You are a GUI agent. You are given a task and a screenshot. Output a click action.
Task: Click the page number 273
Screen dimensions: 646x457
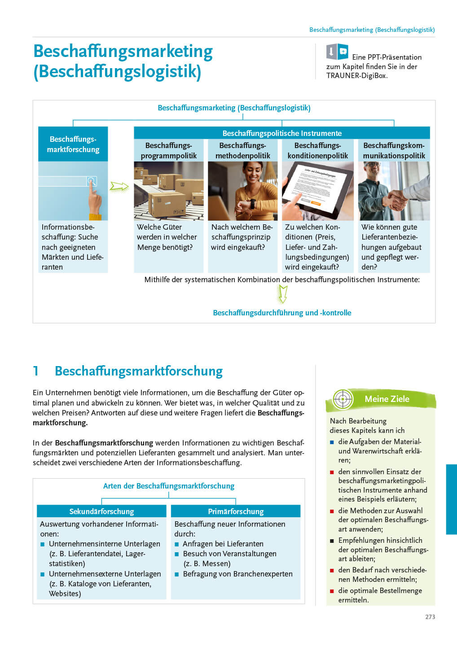430,617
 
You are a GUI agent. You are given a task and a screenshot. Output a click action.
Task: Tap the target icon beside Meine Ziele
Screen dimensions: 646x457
343,399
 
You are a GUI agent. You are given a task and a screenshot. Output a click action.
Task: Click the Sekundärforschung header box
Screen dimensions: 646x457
101,511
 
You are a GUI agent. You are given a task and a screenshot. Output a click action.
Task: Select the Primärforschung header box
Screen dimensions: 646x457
236,511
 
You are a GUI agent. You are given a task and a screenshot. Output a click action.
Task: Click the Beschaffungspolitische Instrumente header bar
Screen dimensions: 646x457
282,133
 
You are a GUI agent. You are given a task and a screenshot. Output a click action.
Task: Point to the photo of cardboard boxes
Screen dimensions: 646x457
169,191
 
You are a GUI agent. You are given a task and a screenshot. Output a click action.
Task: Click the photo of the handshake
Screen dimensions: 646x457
394,191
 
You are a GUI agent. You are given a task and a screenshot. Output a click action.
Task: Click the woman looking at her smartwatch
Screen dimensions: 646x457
242,191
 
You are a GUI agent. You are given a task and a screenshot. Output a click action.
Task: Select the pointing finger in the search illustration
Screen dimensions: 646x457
94,199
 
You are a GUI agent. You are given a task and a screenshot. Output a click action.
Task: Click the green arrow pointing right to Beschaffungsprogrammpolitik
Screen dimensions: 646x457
119,186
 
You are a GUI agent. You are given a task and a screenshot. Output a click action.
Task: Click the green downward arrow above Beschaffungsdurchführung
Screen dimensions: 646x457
282,294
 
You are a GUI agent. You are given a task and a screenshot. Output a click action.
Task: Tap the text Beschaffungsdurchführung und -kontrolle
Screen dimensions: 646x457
282,313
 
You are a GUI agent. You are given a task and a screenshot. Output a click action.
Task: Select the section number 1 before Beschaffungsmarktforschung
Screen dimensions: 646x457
35,371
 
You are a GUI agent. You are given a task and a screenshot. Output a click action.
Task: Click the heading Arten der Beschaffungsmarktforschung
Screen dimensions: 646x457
169,486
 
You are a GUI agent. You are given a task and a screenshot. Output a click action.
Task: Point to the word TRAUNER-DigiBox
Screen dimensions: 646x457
357,76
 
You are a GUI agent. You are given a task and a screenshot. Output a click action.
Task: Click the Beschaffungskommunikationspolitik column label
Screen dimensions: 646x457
394,150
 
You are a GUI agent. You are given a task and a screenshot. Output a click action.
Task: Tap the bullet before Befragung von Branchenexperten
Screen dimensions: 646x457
177,574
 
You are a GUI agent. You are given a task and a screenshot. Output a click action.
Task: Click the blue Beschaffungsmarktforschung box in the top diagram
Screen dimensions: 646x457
73,144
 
